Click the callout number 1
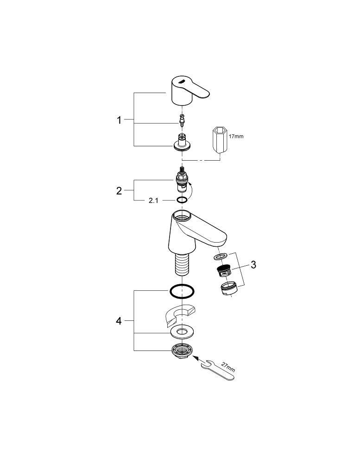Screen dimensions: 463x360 119,120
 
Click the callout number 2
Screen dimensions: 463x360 119,190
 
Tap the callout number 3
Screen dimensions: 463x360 253,265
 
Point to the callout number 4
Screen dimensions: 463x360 119,321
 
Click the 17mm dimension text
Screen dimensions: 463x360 236,137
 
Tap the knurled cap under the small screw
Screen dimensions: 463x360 182,144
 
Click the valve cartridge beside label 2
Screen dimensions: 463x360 182,181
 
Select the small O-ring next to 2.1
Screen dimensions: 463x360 182,200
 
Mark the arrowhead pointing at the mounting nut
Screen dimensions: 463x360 196,357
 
